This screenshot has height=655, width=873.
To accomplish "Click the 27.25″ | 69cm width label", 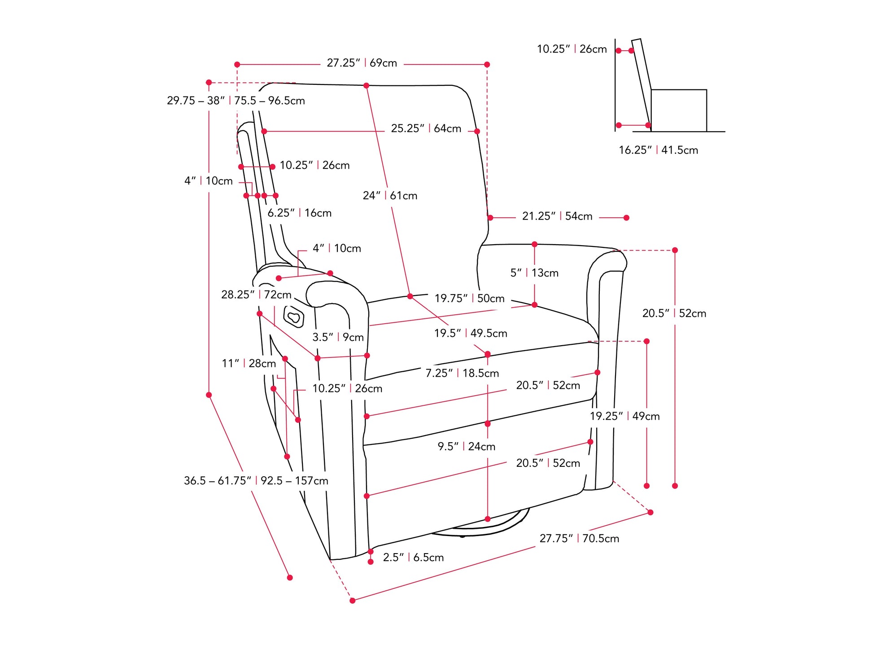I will (x=362, y=63).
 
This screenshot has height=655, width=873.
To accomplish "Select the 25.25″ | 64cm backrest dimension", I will (x=426, y=129).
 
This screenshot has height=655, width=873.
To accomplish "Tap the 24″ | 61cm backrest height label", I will (x=390, y=196).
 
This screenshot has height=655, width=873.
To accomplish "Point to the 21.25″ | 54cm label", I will (x=557, y=216).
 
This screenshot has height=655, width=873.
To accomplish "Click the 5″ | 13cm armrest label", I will (x=534, y=273).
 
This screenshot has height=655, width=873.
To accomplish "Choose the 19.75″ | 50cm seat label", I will (x=469, y=299).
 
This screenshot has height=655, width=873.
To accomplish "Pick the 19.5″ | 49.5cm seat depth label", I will (x=471, y=334).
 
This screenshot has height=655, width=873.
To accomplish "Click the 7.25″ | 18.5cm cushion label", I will (x=462, y=374).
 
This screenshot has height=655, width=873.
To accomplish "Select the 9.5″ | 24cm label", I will (x=467, y=447).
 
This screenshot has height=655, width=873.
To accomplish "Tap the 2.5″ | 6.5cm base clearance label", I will (x=413, y=558).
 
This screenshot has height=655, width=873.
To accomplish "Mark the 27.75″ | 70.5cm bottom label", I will (x=579, y=539).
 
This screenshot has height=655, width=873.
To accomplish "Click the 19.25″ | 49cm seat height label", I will (x=624, y=417).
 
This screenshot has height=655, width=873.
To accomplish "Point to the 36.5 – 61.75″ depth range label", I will (x=256, y=481).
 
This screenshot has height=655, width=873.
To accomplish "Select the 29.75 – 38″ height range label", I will (x=236, y=101).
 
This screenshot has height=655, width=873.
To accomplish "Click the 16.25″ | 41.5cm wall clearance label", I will (x=658, y=150).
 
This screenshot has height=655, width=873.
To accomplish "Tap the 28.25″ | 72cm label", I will (x=256, y=295).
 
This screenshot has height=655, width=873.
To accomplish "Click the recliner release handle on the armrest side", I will (x=294, y=317).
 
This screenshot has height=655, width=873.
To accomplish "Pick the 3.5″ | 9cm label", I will (x=338, y=338).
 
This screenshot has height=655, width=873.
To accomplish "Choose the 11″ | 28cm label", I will (x=249, y=364).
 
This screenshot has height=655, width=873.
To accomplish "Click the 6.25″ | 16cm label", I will (x=299, y=213).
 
